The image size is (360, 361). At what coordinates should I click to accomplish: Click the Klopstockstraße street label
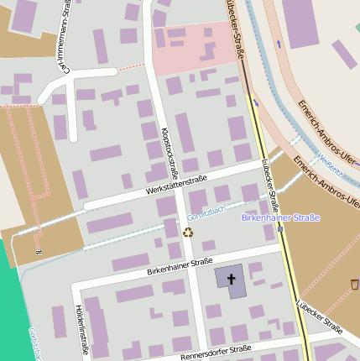click(170, 154)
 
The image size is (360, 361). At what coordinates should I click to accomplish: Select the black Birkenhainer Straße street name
click(179, 267)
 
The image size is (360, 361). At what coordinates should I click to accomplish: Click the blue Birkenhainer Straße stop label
click(280, 218)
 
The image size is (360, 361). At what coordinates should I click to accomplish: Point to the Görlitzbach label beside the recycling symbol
click(206, 216)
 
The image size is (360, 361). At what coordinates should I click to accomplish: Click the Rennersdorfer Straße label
click(216, 352)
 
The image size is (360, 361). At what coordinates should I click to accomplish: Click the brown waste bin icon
click(354, 285)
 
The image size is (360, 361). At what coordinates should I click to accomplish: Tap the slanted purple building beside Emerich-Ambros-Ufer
click(343, 54)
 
